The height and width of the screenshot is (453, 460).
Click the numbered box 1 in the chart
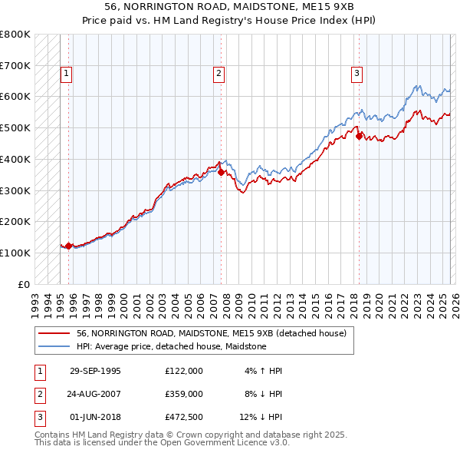click(67, 74)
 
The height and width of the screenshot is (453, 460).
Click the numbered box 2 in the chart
click(219, 74)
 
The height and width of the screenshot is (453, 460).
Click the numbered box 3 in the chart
click(357, 74)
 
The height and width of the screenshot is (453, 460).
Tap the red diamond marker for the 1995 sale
click(69, 246)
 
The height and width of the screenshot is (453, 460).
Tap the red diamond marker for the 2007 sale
click(221, 173)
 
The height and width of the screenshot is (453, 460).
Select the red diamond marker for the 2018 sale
click(358, 137)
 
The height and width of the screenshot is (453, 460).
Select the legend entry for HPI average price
click(171, 346)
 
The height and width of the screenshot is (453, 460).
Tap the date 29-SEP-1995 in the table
click(95, 371)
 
